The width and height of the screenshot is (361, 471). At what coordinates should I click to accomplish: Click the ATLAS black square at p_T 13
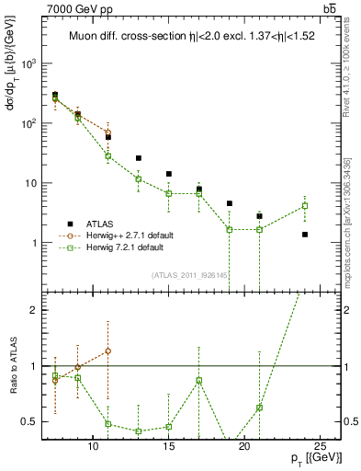[x=139, y=158]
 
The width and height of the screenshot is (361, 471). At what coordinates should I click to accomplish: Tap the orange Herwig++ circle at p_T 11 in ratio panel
[x=108, y=350]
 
